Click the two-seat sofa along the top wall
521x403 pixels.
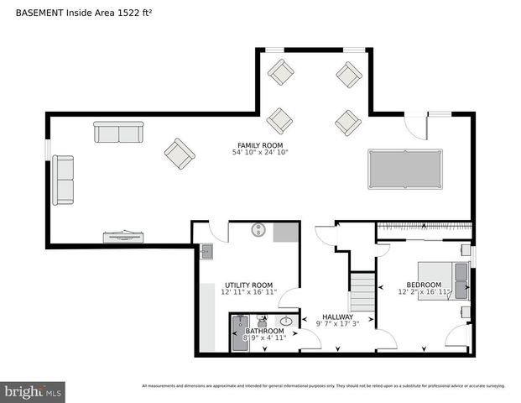(x=118, y=132)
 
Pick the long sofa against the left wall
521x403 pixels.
(x=63, y=180)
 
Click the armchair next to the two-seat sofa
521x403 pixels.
(x=180, y=153)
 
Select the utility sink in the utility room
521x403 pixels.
(x=206, y=251)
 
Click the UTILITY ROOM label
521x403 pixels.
(x=248, y=285)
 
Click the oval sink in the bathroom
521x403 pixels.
(x=286, y=321)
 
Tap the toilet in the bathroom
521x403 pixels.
(x=263, y=320)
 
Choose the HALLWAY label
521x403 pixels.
(x=337, y=317)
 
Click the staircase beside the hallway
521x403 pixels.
(x=362, y=291)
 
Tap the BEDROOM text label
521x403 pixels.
(x=424, y=285)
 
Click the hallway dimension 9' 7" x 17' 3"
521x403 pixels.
(x=337, y=324)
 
